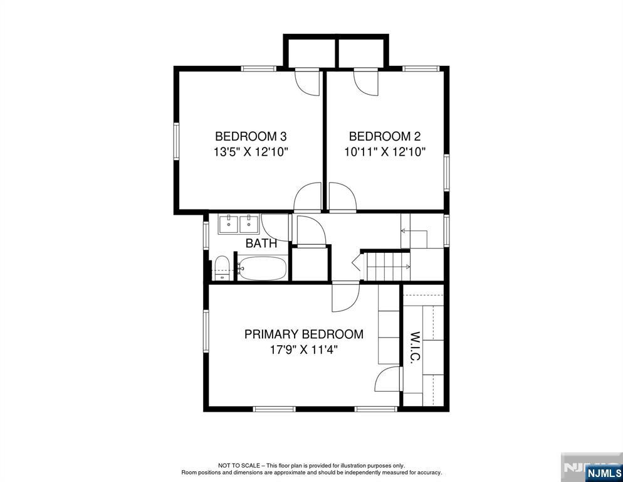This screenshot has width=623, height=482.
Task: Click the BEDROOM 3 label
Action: coord(250,137)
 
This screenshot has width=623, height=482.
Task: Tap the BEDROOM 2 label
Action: coord(385,137)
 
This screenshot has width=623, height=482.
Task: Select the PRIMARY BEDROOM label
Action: coord(303,334)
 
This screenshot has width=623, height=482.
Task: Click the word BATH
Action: coord(261,243)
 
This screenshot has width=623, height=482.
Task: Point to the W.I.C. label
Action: coord(415,348)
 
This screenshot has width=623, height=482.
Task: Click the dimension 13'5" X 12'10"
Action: coord(250,152)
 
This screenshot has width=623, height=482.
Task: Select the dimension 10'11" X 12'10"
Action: coord(385,152)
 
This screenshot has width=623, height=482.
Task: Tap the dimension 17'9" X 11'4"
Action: coord(303,350)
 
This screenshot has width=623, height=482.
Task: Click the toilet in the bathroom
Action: coord(222,269)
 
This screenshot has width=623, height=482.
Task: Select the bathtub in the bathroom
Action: coord(261,269)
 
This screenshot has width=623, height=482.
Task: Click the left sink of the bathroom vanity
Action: coord(229,224)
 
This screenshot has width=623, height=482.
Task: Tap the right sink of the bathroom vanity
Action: coord(249,224)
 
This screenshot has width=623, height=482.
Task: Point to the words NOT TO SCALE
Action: coord(239,465)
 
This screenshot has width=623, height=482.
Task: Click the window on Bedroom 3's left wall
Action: coord(176,141)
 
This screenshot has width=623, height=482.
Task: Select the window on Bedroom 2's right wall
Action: coord(447,173)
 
